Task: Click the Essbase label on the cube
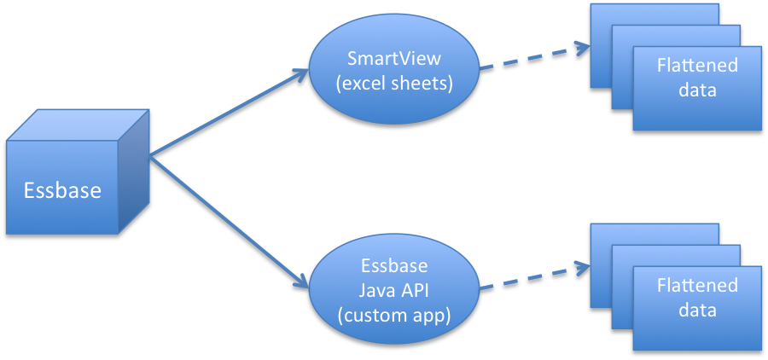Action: point(61,189)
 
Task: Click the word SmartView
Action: point(393,59)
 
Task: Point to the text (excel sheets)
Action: point(393,84)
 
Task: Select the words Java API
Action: point(393,289)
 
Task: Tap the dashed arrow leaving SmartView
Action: point(533,56)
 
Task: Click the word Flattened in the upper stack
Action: point(697,66)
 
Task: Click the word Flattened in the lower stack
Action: point(697,285)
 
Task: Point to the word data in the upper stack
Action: point(697,90)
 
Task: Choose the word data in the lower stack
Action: point(697,310)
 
